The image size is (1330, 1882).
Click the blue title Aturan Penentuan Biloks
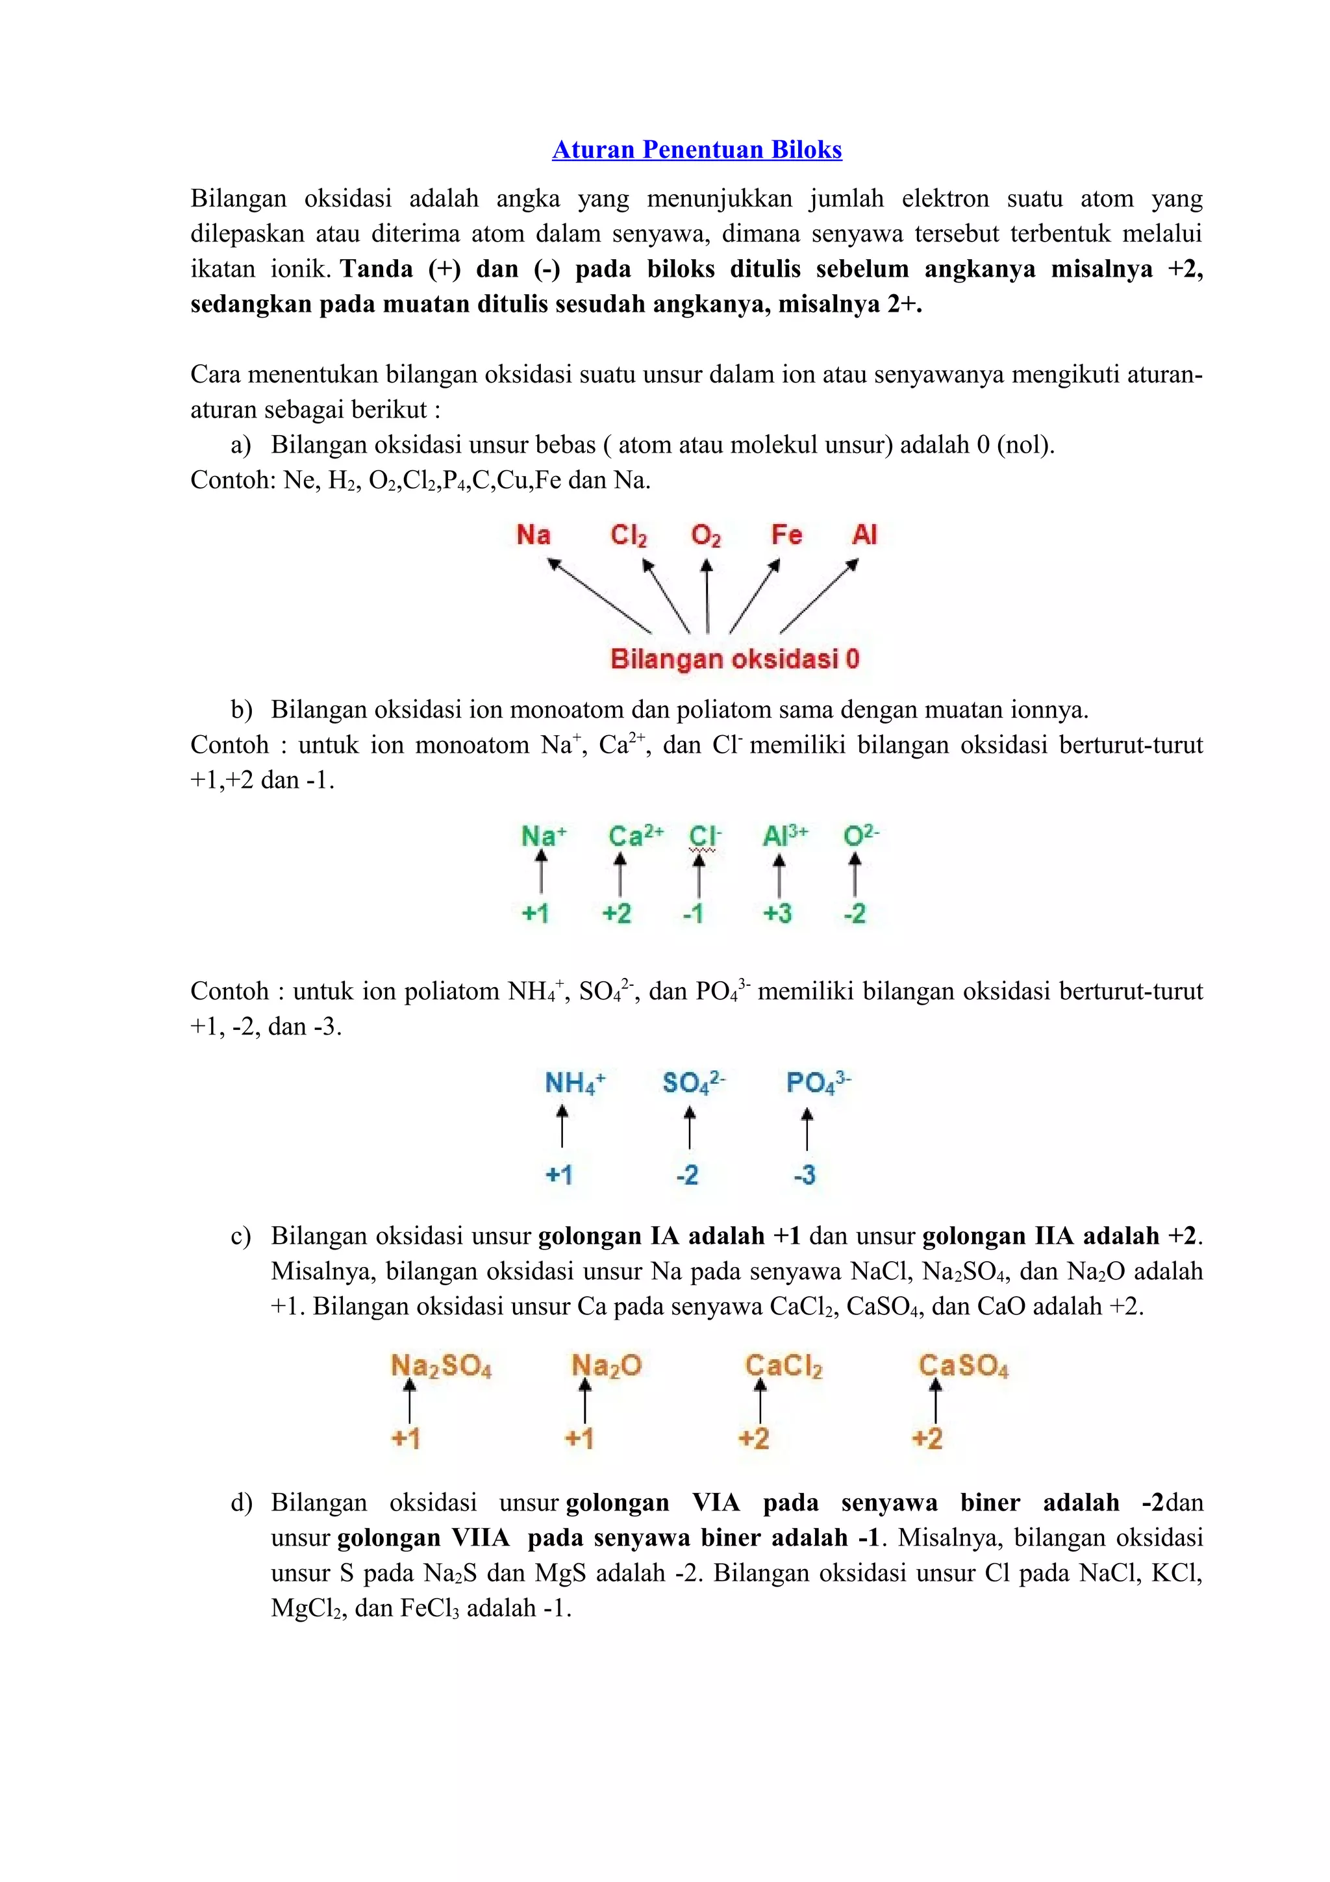tap(697, 149)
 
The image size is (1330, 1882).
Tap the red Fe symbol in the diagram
tap(785, 535)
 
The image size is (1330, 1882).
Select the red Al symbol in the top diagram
tap(864, 535)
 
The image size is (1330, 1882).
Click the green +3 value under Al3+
tap(777, 912)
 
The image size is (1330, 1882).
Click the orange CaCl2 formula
tap(783, 1366)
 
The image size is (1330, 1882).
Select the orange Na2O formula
tap(606, 1366)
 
